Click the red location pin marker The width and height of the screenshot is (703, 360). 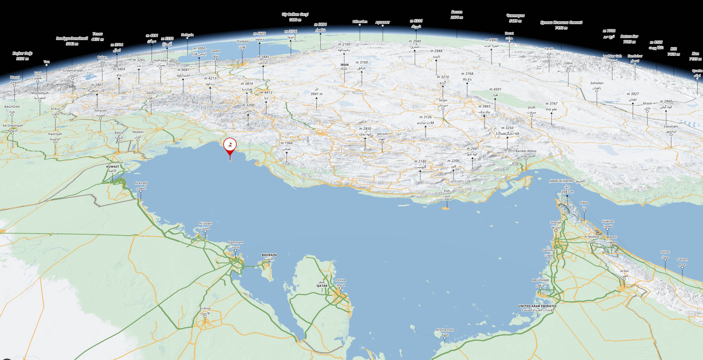[230, 145]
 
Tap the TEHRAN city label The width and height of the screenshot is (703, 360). [242, 42]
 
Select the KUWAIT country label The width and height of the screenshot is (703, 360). [113, 167]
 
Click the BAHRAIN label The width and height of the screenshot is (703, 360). [269, 255]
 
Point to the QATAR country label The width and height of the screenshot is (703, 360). [322, 286]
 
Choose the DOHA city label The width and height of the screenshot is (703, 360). [341, 280]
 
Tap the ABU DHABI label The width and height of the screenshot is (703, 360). [540, 280]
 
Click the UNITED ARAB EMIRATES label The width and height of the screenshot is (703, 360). [537, 306]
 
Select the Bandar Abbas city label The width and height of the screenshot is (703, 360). [526, 151]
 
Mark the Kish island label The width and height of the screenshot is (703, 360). [447, 191]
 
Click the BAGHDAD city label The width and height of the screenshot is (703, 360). [12, 107]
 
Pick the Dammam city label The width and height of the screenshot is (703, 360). [236, 242]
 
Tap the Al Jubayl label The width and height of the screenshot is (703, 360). [205, 223]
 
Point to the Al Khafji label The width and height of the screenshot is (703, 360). [141, 183]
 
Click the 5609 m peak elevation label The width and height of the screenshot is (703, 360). [260, 34]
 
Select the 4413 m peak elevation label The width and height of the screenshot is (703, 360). [266, 92]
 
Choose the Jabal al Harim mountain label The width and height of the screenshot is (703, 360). [567, 181]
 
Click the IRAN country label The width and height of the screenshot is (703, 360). [345, 65]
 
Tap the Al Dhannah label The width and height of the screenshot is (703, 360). [445, 330]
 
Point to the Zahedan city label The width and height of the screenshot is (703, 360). [597, 83]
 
